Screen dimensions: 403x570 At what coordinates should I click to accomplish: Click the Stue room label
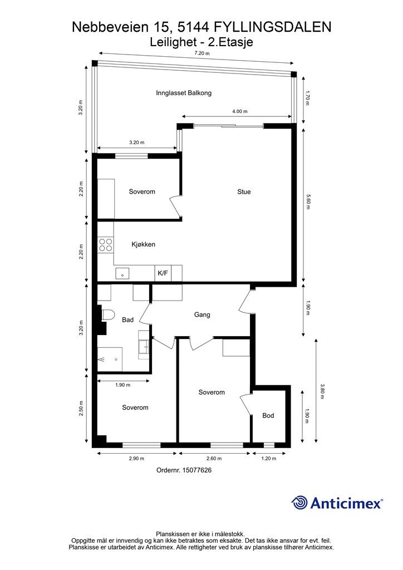pyautogui.click(x=244, y=191)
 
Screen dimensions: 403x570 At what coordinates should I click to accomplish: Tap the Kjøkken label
pyautogui.click(x=143, y=244)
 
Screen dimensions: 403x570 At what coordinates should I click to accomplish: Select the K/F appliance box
pyautogui.click(x=163, y=273)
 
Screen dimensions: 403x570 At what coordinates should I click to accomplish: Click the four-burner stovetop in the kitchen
pyautogui.click(x=105, y=245)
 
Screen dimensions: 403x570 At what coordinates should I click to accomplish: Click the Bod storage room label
pyautogui.click(x=268, y=415)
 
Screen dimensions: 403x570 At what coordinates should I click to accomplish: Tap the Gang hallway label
pyautogui.click(x=202, y=315)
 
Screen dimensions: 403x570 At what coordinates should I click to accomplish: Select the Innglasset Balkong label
pyautogui.click(x=184, y=93)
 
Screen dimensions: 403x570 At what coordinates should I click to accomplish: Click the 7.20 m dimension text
pyautogui.click(x=202, y=53)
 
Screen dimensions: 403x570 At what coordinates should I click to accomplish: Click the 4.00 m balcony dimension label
pyautogui.click(x=239, y=111)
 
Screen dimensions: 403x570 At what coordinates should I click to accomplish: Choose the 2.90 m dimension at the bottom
pyautogui.click(x=136, y=459)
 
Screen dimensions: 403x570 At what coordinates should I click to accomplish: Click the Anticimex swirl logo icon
pyautogui.click(x=299, y=503)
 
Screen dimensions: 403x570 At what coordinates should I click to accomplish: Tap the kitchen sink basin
pyautogui.click(x=122, y=273)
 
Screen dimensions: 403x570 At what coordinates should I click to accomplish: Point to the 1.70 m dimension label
pyautogui.click(x=307, y=98)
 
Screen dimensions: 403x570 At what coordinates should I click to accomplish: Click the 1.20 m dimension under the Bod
pyautogui.click(x=268, y=459)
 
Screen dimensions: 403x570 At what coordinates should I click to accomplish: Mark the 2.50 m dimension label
pyautogui.click(x=81, y=408)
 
